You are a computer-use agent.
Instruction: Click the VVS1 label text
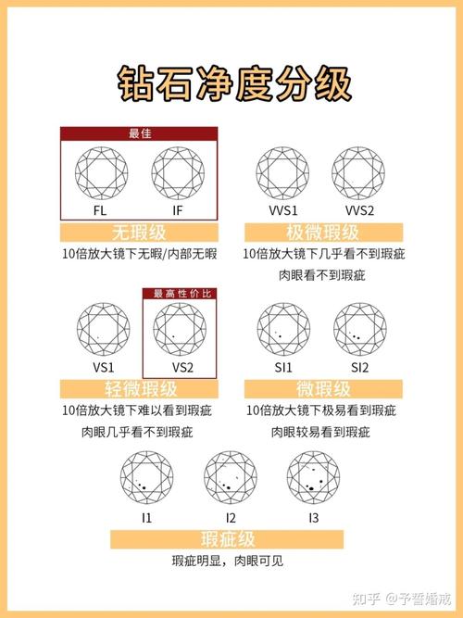point(283,212)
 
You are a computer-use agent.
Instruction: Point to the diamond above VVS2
point(360,173)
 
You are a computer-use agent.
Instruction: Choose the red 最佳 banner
point(140,133)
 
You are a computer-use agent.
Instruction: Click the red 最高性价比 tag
point(181,294)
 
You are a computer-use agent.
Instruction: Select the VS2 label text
point(181,368)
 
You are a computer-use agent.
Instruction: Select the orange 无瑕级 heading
point(140,233)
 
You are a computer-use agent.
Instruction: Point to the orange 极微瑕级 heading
point(322,233)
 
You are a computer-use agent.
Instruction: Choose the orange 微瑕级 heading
point(322,389)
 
